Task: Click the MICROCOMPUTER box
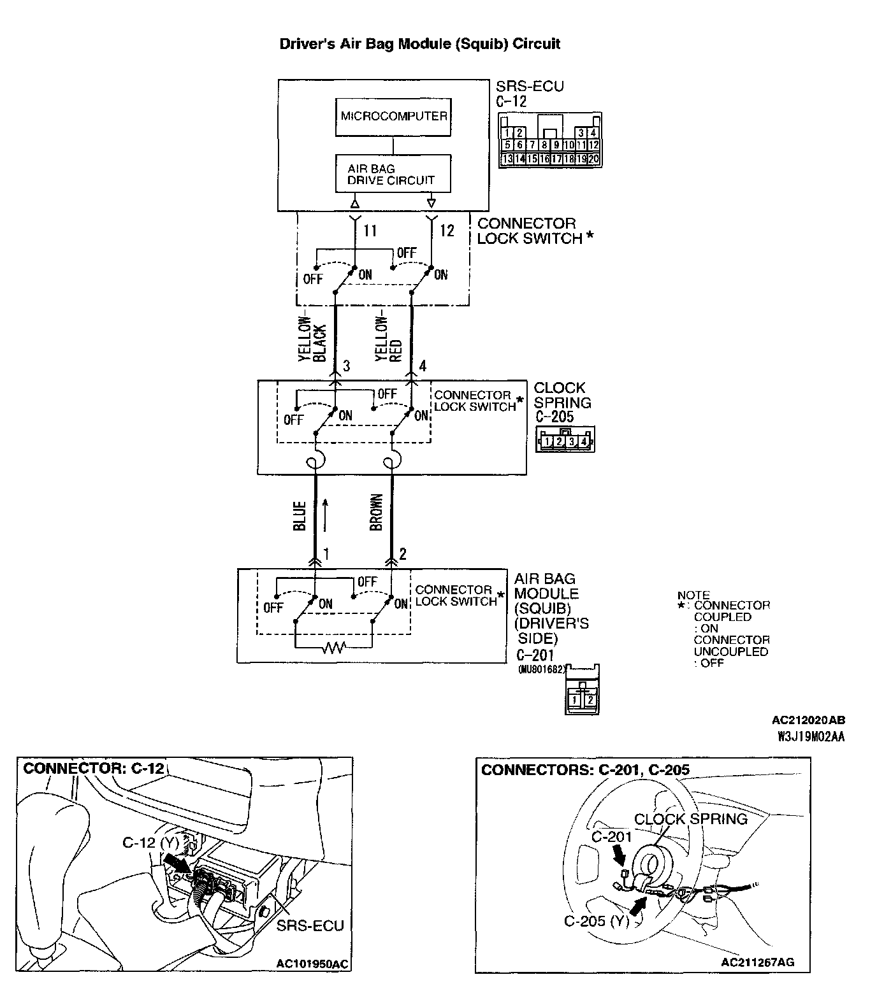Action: click(x=393, y=117)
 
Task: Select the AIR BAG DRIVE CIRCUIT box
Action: click(x=393, y=174)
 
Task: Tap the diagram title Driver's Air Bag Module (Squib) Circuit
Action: click(x=420, y=44)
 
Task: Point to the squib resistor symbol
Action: click(x=333, y=648)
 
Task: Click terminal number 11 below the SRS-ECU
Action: click(x=370, y=231)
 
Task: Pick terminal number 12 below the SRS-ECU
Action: click(x=447, y=231)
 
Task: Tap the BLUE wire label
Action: click(x=300, y=515)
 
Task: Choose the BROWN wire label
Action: click(x=376, y=513)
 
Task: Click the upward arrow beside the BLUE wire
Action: click(x=326, y=514)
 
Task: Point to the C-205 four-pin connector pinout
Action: click(x=565, y=440)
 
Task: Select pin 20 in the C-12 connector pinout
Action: click(x=593, y=159)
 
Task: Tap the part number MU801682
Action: click(x=541, y=669)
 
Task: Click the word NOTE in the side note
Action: click(x=693, y=595)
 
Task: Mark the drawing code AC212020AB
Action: click(x=808, y=720)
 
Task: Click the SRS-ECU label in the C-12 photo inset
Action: click(x=310, y=925)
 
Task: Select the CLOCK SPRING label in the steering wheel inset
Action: click(x=690, y=819)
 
